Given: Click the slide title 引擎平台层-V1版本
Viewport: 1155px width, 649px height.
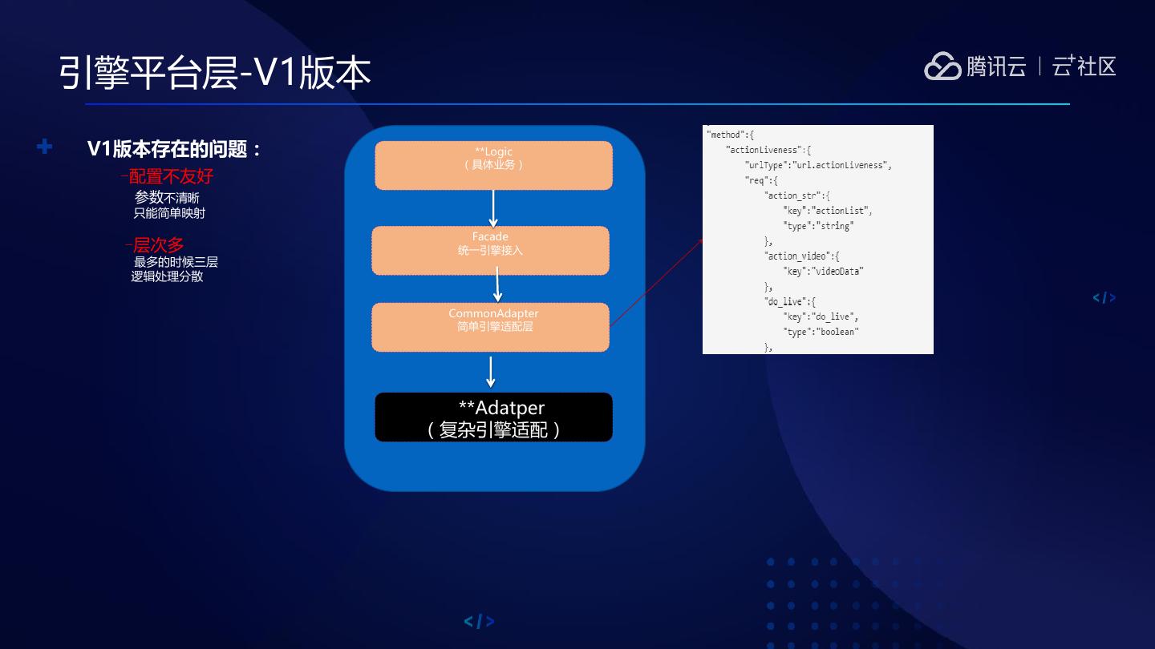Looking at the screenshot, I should click(214, 72).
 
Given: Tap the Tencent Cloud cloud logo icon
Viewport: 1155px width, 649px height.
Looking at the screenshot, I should click(942, 67).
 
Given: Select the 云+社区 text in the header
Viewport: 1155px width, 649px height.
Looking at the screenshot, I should click(1084, 67).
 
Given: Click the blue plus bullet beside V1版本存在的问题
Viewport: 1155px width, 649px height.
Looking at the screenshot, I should click(45, 147).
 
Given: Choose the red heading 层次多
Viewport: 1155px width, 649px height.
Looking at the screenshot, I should click(157, 245).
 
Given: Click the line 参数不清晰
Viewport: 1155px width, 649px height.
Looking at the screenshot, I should click(167, 197).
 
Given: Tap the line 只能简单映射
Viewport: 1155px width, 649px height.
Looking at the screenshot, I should click(169, 213).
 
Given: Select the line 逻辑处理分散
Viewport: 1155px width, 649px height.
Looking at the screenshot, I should click(167, 276).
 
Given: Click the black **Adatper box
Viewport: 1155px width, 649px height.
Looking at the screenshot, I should click(493, 417).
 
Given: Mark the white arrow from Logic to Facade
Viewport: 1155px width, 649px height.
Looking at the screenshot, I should click(493, 208).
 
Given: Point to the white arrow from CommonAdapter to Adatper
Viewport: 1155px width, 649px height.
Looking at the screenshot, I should click(491, 372).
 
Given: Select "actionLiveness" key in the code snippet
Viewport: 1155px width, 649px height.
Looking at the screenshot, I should click(763, 150).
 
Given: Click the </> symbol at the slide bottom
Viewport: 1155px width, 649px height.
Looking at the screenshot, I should click(479, 621).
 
